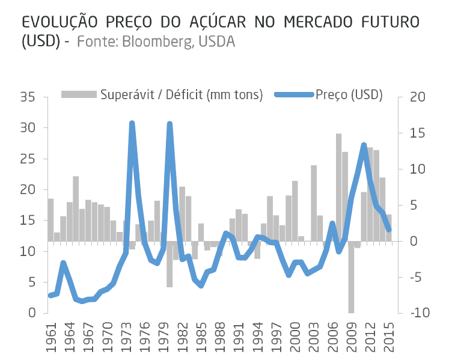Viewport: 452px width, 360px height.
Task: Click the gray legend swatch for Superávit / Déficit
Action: coord(79,95)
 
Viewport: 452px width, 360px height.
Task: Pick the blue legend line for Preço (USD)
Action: coord(294,95)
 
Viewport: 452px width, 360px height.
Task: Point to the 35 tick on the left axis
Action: coord(28,97)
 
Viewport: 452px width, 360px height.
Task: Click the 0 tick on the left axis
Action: coord(32,313)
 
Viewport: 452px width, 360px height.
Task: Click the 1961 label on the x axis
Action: coord(50,337)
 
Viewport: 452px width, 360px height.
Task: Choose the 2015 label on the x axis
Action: coord(389,337)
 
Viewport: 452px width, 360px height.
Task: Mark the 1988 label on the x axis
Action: coord(220,337)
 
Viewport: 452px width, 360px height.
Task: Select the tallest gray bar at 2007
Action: coord(338,186)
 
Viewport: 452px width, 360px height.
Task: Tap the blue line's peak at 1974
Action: coord(132,123)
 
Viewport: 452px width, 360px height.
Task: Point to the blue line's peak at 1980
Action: coord(169,124)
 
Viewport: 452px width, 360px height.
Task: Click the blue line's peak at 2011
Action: coord(364,145)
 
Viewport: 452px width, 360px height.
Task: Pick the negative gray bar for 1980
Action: coord(169,264)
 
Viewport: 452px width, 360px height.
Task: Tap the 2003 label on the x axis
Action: coord(314,337)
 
